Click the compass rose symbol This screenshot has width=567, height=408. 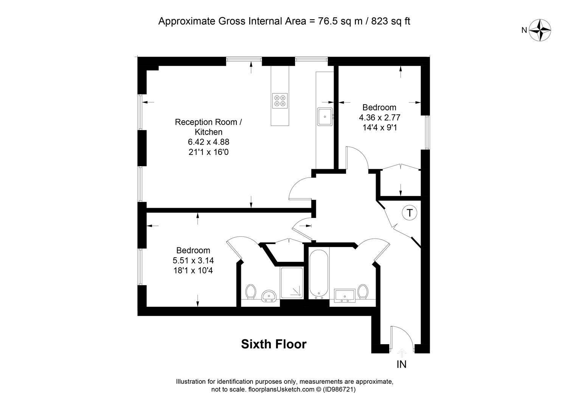[540, 30]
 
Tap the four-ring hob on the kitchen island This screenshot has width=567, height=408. [280, 101]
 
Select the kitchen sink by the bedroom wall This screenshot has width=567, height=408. [325, 116]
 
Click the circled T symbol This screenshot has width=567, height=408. [409, 213]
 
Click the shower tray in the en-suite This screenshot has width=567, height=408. [291, 282]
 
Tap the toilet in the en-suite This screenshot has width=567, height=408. [251, 292]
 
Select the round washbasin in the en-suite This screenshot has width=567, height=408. [269, 296]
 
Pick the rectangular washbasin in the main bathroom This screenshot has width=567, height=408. [345, 295]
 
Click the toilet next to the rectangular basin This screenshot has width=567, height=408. [363, 292]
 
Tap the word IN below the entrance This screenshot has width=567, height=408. [401, 365]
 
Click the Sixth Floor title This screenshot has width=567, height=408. [273, 344]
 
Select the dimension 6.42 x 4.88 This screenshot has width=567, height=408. [208, 142]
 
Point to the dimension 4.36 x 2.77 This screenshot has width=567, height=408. [379, 117]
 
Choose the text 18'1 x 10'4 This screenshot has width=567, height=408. [193, 270]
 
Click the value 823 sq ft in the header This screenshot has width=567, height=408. [391, 21]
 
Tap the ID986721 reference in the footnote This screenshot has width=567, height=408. [339, 389]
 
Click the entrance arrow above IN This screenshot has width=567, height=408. [401, 352]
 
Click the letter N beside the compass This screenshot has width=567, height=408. [524, 30]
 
